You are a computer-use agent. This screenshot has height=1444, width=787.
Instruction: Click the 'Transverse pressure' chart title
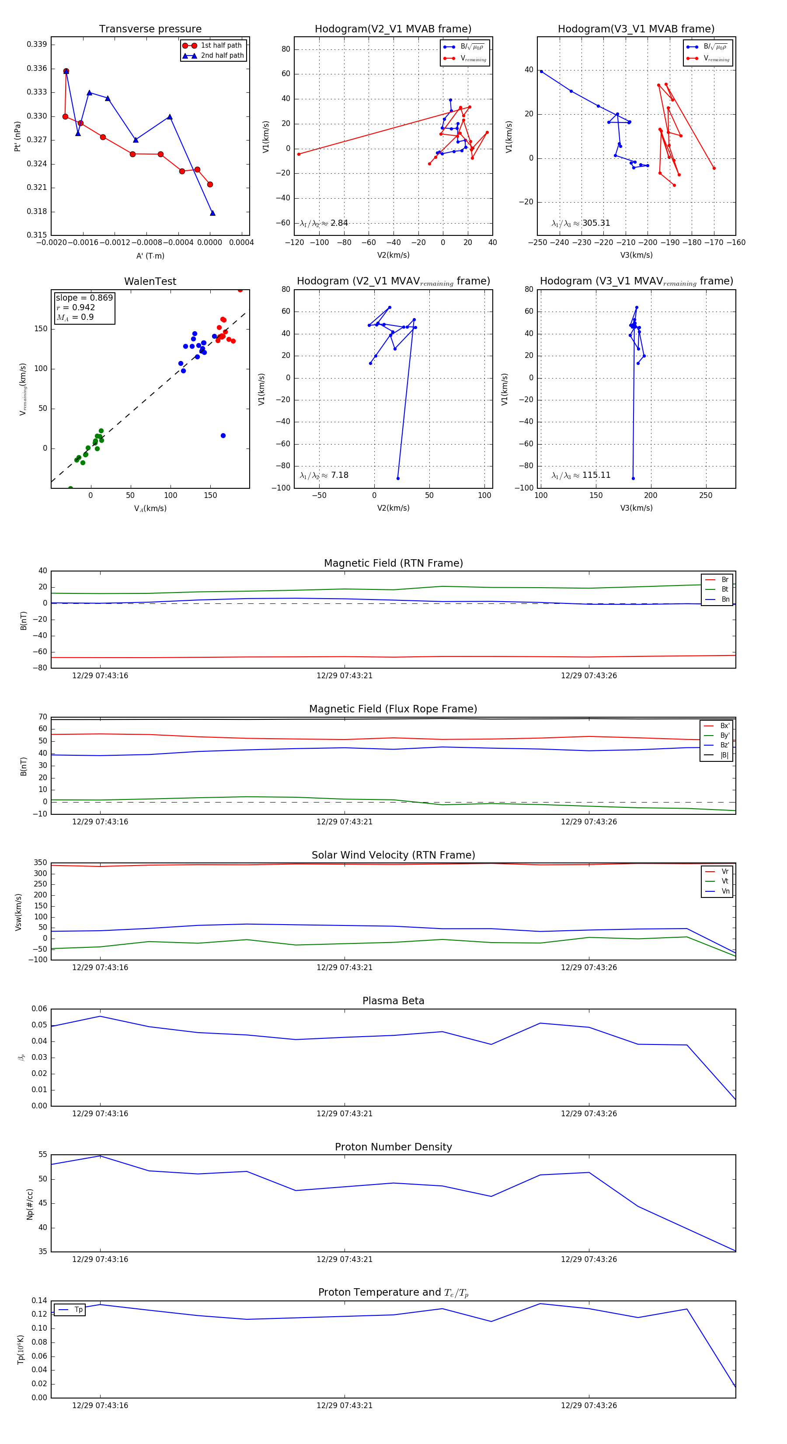coord(150,29)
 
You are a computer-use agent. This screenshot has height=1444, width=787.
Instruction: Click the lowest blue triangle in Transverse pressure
coord(212,213)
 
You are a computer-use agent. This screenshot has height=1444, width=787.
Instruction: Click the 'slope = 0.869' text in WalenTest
coord(84,298)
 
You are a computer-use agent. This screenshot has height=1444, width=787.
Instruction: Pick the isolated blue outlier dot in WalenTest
coord(223,435)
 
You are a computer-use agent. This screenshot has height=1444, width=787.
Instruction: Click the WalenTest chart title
coord(150,281)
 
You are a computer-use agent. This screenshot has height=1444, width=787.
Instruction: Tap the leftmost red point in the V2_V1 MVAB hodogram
coord(299,154)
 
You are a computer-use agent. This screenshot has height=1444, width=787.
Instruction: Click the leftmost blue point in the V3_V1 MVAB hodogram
coord(541,72)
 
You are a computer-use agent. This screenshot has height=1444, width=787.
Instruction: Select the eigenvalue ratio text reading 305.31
coord(581,223)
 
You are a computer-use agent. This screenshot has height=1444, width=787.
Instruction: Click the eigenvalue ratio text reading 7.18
coord(324,475)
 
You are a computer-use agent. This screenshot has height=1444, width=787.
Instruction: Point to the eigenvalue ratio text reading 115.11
coord(581,475)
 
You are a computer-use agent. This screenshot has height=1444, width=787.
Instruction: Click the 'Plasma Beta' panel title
coord(393,1001)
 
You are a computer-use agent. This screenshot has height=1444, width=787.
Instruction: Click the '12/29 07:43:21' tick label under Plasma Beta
coord(345,1113)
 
